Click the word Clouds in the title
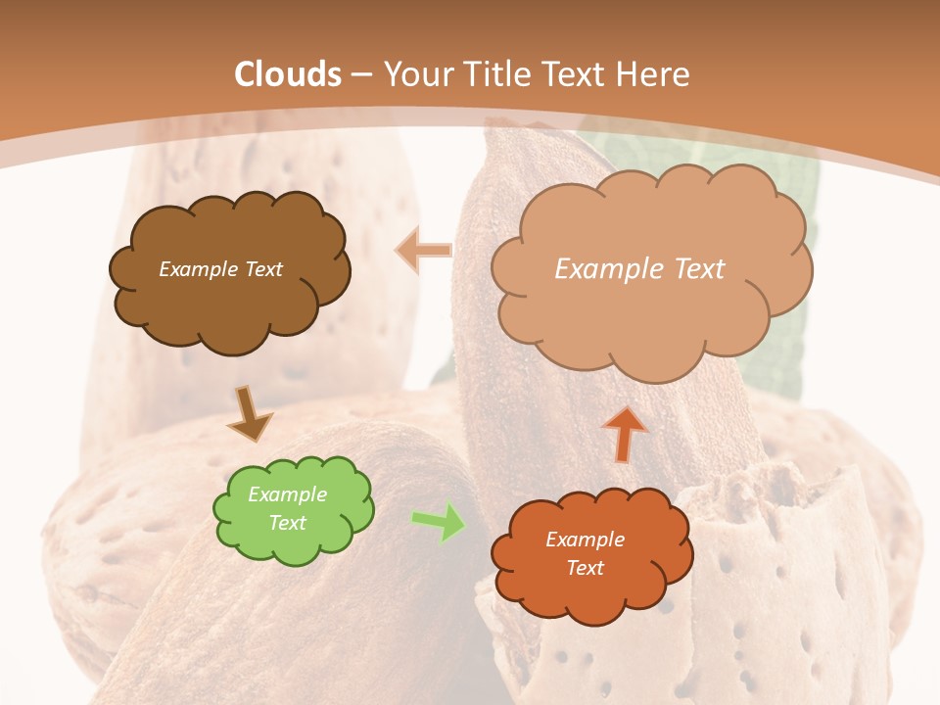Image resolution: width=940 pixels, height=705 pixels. pos(288,74)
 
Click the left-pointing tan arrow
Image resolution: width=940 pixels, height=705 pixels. pos(423,251)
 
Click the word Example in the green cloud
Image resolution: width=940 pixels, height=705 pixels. pos(287,494)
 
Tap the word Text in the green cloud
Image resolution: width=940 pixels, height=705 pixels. pos(288,523)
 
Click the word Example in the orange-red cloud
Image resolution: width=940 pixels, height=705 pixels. pos(585,540)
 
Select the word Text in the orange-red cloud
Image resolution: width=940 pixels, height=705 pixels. pos(585,568)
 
